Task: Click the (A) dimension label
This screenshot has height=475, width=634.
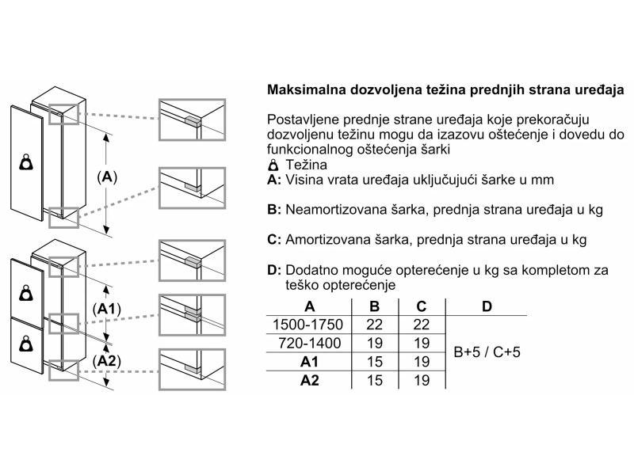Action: pos(107,177)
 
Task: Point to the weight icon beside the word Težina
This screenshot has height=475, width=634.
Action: pos(273,165)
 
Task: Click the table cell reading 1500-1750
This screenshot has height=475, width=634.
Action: pos(307,325)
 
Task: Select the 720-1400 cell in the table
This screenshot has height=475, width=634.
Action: pos(309,343)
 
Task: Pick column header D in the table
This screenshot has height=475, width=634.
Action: pos(487,306)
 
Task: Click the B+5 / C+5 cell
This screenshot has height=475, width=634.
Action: pos(487,351)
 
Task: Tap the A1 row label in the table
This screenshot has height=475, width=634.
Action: pos(309,362)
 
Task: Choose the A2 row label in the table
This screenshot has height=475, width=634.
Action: pos(309,380)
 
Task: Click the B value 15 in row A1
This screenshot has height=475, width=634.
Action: pos(375,362)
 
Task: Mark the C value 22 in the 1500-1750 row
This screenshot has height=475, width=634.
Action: pos(422,325)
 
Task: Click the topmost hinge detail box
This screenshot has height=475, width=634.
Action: pos(192,120)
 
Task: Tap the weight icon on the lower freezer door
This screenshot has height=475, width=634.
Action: pos(26,344)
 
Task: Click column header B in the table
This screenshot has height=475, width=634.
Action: pos(375,306)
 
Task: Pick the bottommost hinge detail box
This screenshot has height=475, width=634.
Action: pos(192,370)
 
